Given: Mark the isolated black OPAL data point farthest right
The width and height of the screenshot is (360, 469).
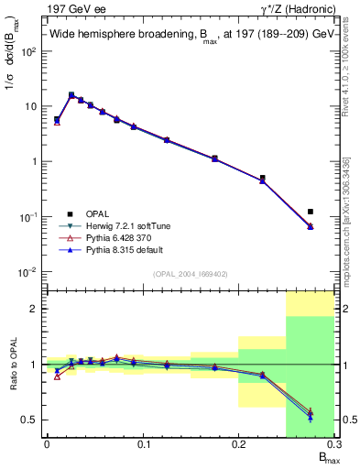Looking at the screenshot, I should (x=311, y=212).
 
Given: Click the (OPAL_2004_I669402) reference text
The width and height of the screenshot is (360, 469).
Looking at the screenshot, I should (x=189, y=274).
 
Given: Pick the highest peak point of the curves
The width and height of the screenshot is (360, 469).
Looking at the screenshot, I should (x=71, y=94).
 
